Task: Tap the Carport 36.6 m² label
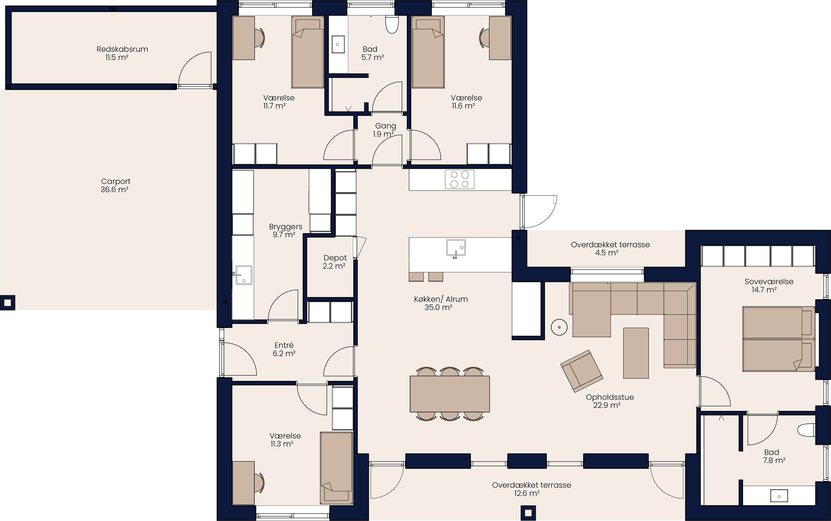click(116, 185)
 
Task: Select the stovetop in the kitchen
click(459, 179)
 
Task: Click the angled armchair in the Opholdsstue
click(582, 371)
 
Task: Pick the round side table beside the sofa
click(559, 327)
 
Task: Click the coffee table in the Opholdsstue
click(636, 353)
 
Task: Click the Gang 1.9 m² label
click(385, 130)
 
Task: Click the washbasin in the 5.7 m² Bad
click(338, 44)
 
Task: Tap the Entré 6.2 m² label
click(284, 349)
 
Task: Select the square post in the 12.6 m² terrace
click(528, 513)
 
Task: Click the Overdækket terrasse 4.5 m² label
click(610, 248)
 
